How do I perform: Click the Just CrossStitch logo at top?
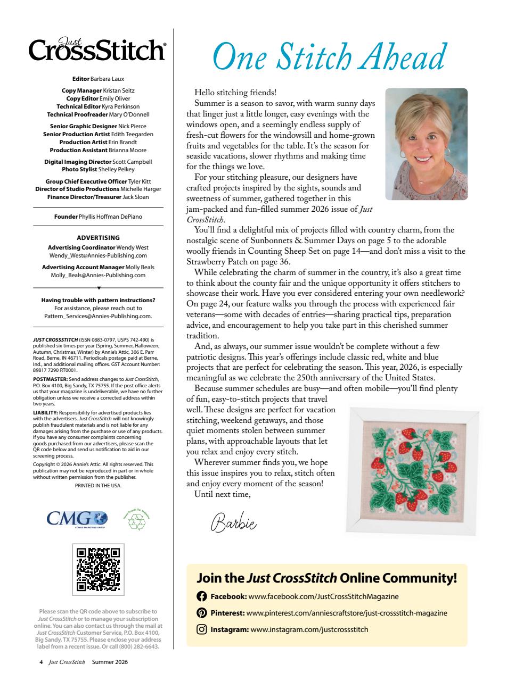pyautogui.click(x=98, y=51)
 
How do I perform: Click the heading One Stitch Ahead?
pyautogui.click(x=329, y=55)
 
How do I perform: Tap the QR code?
pyautogui.click(x=98, y=569)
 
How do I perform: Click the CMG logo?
pyautogui.click(x=77, y=517)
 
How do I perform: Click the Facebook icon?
pyautogui.click(x=202, y=596)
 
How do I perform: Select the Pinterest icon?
pyautogui.click(x=202, y=613)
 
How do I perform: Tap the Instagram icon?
pyautogui.click(x=202, y=630)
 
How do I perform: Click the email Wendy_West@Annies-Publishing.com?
pyautogui.click(x=98, y=255)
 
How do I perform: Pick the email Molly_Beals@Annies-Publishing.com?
pyautogui.click(x=98, y=275)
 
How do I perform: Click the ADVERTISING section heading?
pyautogui.click(x=98, y=238)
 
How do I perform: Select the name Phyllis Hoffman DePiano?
pyautogui.click(x=110, y=217)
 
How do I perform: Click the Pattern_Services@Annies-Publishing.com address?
pyautogui.click(x=98, y=315)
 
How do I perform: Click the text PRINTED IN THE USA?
pyautogui.click(x=98, y=486)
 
